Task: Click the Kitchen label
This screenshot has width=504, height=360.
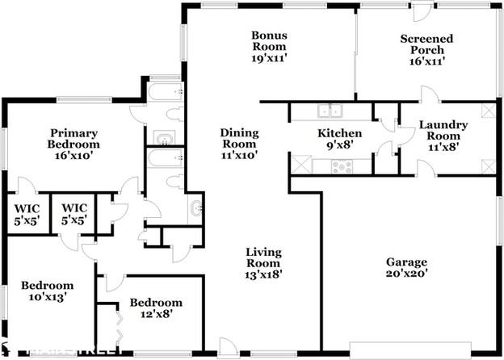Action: click(334, 134)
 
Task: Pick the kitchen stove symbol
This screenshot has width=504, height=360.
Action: click(340, 166)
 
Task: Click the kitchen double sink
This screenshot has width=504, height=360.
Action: click(330, 111)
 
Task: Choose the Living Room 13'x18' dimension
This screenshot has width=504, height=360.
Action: click(263, 274)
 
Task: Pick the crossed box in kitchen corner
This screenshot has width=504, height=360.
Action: click(300, 166)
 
